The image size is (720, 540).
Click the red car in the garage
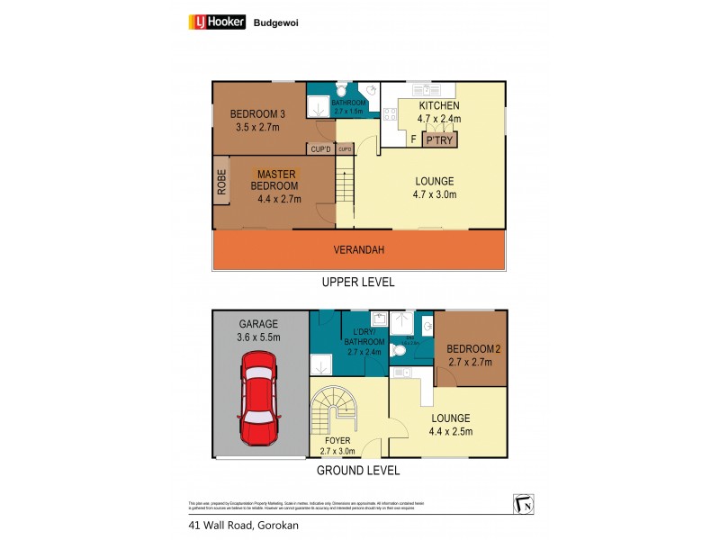tap(259, 399)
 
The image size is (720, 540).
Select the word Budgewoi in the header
tap(276, 23)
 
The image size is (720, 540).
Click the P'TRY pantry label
tap(439, 140)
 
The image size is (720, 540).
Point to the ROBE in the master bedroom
tap(221, 184)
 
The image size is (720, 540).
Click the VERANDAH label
tap(359, 249)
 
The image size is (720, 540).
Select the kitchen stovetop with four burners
tap(391, 113)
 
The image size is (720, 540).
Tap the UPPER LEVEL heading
tap(359, 282)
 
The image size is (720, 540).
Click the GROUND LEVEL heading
tap(359, 471)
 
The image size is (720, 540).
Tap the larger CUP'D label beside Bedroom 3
tap(319, 149)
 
